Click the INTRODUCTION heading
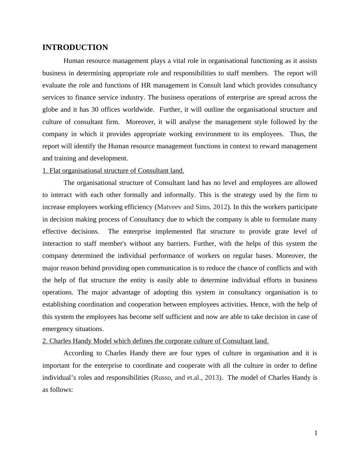pyautogui.click(x=75, y=48)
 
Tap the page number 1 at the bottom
pyautogui.click(x=316, y=433)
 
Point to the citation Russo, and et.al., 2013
pyautogui.click(x=186, y=378)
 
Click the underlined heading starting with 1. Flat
pyautogui.click(x=113, y=171)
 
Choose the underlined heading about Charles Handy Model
pyautogui.click(x=155, y=341)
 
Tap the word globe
pyautogui.click(x=50, y=110)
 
